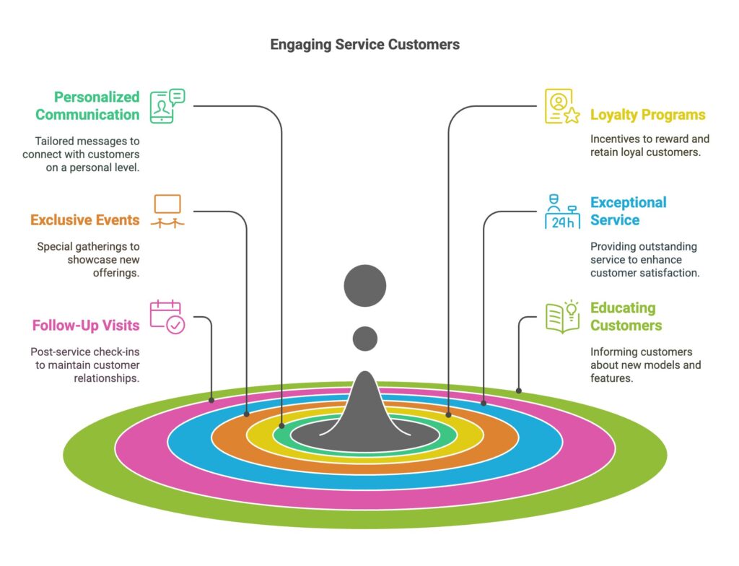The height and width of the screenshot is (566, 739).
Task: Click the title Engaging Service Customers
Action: tap(364, 45)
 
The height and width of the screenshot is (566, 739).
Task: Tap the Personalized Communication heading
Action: tap(87, 105)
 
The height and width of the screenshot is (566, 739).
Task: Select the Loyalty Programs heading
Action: tap(647, 115)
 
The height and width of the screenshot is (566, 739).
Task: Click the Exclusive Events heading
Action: tap(85, 220)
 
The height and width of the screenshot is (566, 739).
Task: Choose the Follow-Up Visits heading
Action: tap(86, 326)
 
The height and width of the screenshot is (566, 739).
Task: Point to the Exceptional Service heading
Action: tap(628, 211)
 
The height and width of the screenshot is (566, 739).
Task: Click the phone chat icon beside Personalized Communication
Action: tap(167, 105)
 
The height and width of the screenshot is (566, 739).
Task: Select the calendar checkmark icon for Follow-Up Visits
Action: tap(167, 317)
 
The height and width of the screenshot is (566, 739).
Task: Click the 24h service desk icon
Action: tap(562, 212)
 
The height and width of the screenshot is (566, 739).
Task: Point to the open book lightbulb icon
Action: tap(563, 317)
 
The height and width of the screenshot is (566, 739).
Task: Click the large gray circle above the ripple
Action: tap(365, 286)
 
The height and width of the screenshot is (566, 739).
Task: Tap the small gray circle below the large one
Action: tap(365, 338)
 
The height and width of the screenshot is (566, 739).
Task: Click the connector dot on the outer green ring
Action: tap(519, 391)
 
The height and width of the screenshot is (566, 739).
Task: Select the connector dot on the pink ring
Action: tap(211, 399)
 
